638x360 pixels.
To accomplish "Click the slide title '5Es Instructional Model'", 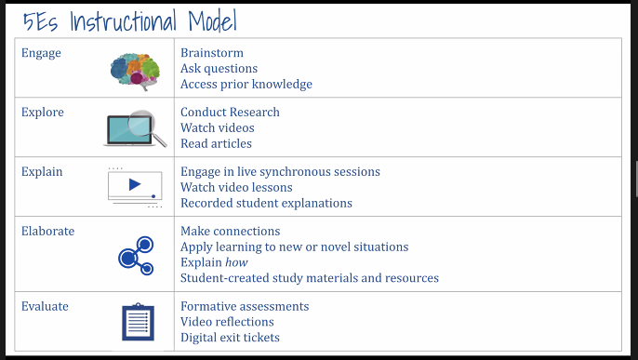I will tap(130, 20).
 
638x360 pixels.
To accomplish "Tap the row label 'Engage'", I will tap(41, 53).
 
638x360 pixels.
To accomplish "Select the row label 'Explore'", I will tap(43, 113).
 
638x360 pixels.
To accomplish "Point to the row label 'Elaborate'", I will tap(47, 231).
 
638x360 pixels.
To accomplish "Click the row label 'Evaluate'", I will tap(45, 306).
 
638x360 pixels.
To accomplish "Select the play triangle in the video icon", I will tap(135, 184).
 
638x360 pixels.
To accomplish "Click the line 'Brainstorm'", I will tap(212, 53).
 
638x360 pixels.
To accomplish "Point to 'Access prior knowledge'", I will tap(246, 85).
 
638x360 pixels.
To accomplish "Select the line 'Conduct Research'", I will tap(230, 113).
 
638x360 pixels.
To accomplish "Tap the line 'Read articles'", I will tap(216, 143).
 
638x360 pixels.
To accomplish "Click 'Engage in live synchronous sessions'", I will tap(280, 172).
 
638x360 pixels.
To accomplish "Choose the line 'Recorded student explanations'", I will tap(266, 203).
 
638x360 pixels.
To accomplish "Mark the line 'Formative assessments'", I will tap(245, 306).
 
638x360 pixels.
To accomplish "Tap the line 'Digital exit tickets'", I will tap(230, 338).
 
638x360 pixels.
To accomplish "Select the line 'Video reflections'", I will tap(227, 322).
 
